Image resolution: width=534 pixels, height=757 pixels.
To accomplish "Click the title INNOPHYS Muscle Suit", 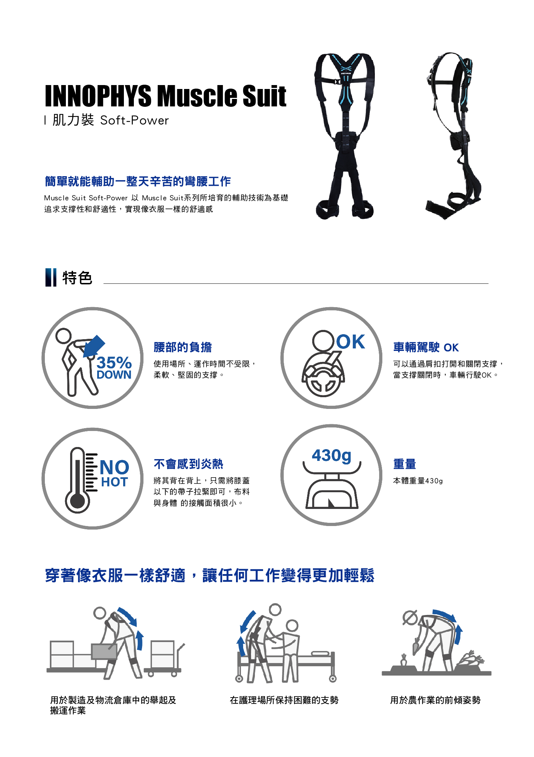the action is tap(166, 96).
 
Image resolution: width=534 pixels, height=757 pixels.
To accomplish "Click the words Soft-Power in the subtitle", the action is tap(135, 120).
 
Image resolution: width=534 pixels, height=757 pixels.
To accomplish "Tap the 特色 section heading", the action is tap(77, 278).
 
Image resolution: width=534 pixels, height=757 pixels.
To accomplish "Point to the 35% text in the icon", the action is tap(114, 363).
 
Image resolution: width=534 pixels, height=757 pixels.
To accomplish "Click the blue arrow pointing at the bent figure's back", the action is tap(94, 346).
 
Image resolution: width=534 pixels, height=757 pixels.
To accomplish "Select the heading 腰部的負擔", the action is tap(183, 347).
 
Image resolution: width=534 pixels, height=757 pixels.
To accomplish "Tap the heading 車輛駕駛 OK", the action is tap(426, 347).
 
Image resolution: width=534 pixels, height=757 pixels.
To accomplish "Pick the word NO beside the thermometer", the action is tap(114, 467).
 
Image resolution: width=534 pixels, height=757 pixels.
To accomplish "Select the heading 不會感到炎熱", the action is tap(188, 464).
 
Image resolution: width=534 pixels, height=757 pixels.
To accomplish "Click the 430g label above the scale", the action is tap(331, 456).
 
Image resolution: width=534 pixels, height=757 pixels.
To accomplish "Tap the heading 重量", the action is tap(404, 464).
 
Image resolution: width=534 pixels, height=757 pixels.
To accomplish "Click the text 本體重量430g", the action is tap(418, 481).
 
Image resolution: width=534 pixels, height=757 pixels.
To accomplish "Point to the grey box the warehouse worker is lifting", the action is tap(104, 651).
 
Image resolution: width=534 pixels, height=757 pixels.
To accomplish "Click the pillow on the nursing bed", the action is tap(320, 653).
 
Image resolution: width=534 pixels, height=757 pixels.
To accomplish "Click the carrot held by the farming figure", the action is tap(416, 646).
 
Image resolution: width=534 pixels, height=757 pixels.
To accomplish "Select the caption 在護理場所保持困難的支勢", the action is tap(284, 700).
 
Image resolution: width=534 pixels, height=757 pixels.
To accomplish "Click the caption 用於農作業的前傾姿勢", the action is tap(435, 700).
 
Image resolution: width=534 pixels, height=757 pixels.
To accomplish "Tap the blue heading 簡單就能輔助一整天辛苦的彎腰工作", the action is tap(138, 181).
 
